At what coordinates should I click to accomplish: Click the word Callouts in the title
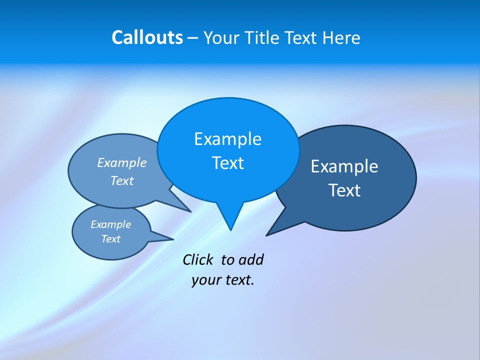tap(147, 38)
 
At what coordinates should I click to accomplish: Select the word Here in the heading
tap(341, 38)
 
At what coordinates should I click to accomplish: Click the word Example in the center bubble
tap(227, 139)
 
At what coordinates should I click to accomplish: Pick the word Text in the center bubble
tap(227, 163)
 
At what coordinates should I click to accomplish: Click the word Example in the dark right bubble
tap(344, 166)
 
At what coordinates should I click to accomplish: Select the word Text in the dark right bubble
tap(344, 190)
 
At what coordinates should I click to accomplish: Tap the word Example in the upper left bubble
tap(122, 163)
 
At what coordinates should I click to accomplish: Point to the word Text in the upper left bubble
tap(122, 181)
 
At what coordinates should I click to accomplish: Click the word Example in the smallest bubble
tap(110, 224)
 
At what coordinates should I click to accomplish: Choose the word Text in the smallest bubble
tap(110, 239)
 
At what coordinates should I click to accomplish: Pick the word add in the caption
tap(250, 260)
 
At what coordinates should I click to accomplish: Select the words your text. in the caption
tap(223, 280)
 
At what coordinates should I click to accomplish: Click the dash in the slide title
tap(193, 38)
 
